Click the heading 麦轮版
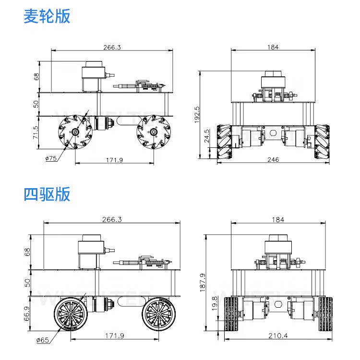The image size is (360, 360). coord(47,16)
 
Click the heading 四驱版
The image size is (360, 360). coord(47,194)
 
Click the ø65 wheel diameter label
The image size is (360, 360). coord(43,340)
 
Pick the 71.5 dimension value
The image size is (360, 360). coord(35,133)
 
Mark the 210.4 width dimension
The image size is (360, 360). coord(278,336)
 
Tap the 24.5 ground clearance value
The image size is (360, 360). coord(207,136)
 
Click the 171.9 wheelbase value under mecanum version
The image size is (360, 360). coord(113,160)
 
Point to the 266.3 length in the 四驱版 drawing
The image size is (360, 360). coord(112,219)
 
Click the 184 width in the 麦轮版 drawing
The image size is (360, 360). coord(272,47)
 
